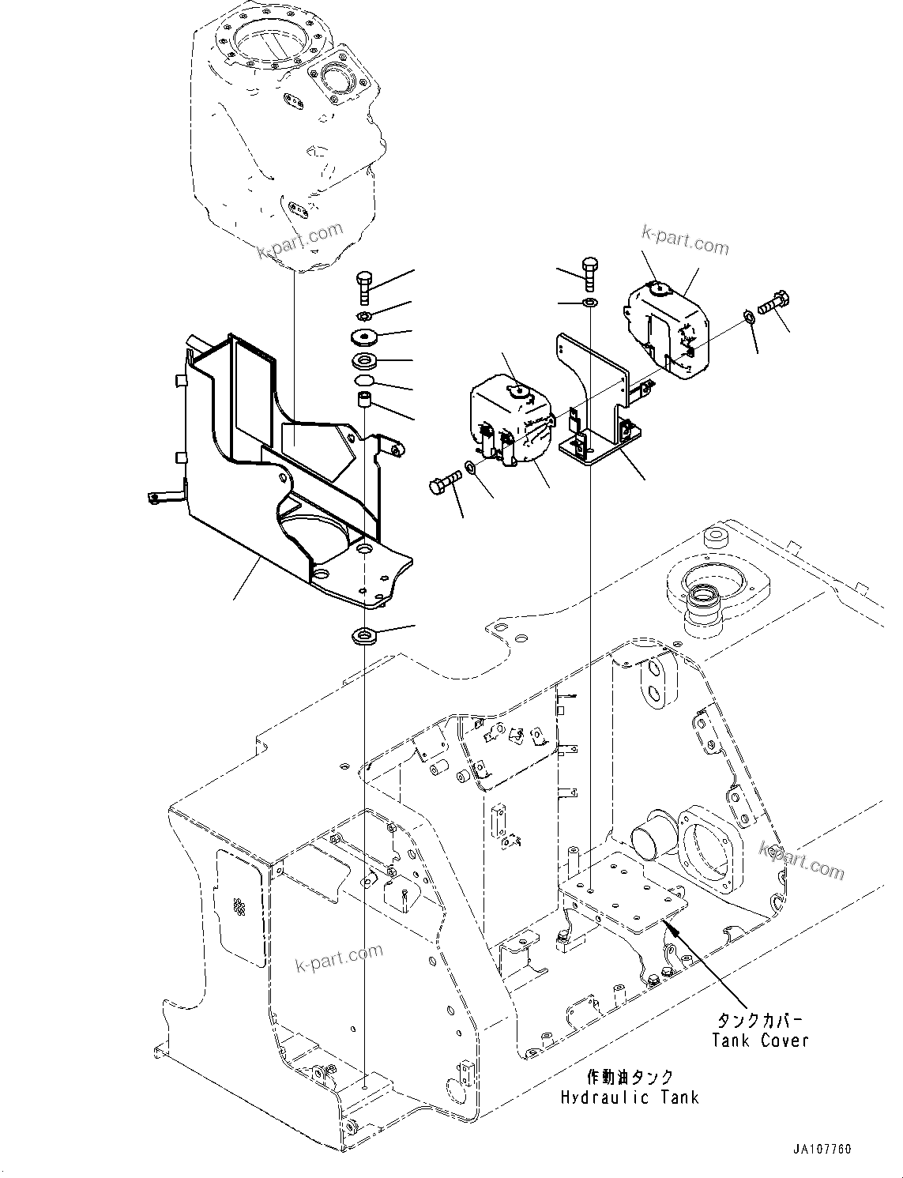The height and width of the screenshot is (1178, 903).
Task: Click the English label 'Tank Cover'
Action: (760, 1040)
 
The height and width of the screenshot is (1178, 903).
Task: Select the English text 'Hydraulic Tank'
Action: (630, 1097)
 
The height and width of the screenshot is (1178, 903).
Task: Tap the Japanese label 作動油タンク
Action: (630, 1077)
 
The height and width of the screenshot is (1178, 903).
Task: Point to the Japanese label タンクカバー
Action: (760, 1020)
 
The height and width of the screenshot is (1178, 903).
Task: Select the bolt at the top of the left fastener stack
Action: (364, 287)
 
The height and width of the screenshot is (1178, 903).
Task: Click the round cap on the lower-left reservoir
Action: (519, 389)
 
